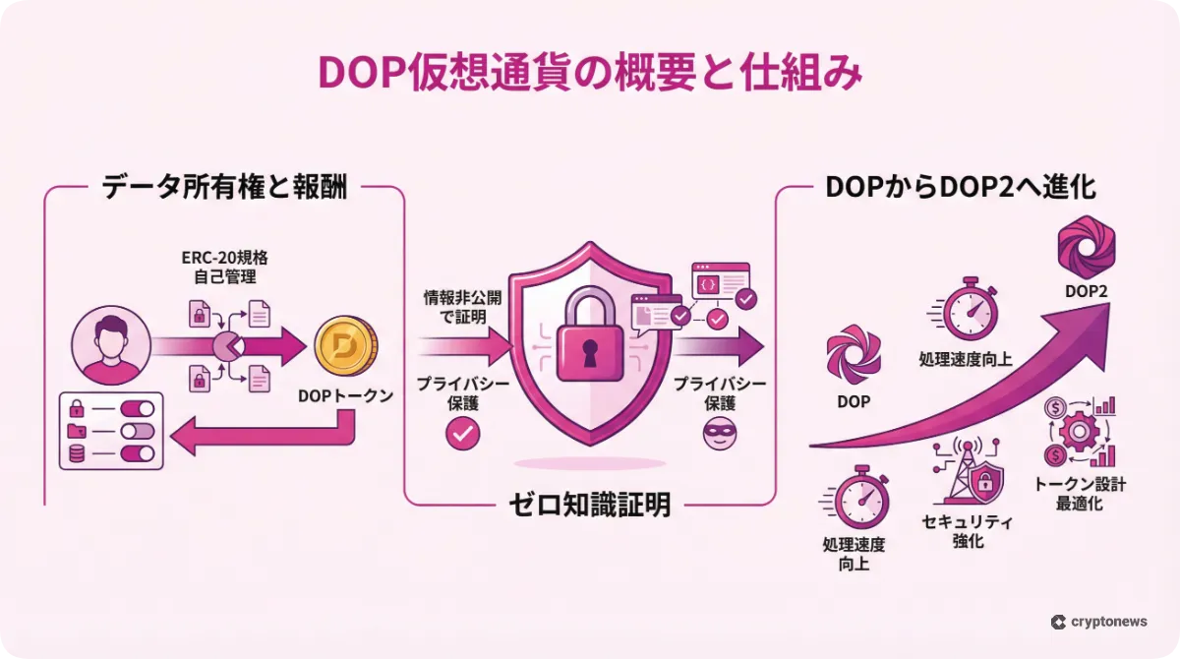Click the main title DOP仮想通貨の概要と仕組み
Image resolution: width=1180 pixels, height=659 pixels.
590,75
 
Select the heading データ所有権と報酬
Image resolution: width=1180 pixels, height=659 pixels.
224,188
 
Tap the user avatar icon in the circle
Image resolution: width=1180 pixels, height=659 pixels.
110,345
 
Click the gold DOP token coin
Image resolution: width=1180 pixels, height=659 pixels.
343,346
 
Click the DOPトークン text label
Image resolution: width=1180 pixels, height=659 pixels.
345,396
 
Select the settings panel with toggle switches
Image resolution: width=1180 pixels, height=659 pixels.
111,432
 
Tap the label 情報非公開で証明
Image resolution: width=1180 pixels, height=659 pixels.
455,305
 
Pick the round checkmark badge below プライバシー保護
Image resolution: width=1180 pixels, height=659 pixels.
462,433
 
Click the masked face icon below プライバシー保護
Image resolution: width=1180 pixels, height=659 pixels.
719,433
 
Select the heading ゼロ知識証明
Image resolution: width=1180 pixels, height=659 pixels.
590,506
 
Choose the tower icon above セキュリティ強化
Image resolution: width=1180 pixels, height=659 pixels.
968,471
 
